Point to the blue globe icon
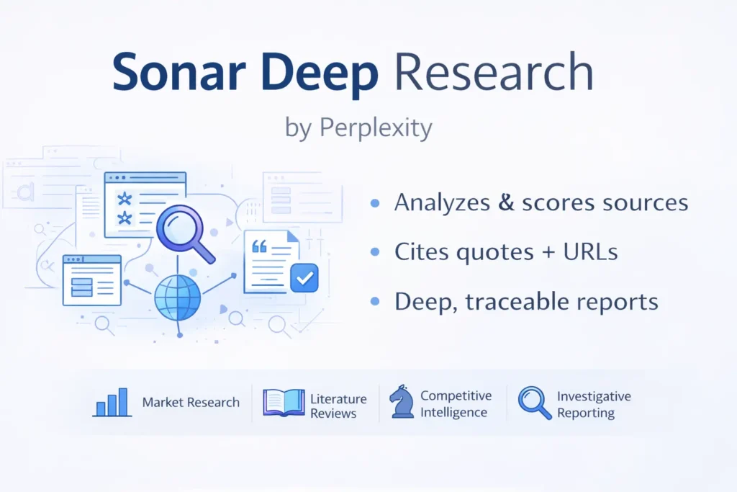[x=178, y=297]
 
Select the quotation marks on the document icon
[x=260, y=246]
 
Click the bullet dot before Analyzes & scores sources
[x=374, y=204]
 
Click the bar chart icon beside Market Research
[x=112, y=403]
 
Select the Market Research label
[x=191, y=403]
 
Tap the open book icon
[x=284, y=403]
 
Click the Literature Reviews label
[x=338, y=406]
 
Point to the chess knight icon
[x=400, y=402]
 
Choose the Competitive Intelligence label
[x=456, y=404]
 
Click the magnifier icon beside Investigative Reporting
[x=534, y=403]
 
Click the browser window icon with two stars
[x=145, y=205]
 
